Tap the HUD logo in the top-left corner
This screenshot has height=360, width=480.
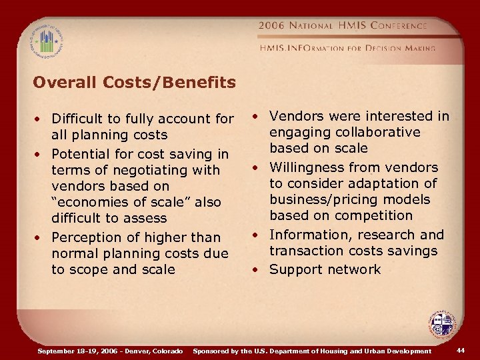click(45, 40)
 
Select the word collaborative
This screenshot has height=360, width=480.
click(378, 132)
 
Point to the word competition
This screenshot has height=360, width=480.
click(375, 215)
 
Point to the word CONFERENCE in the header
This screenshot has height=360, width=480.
click(394, 26)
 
